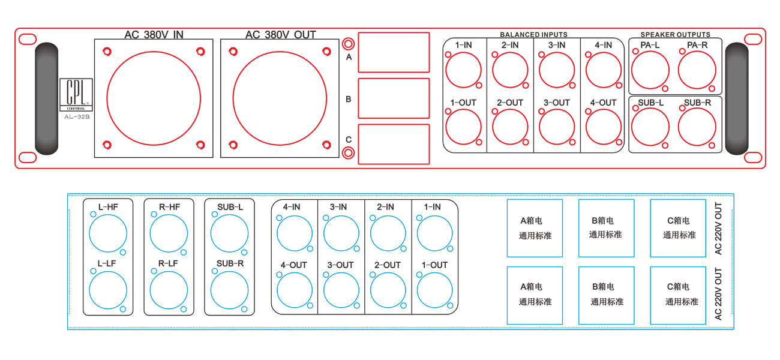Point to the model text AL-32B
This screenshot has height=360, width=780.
point(77,117)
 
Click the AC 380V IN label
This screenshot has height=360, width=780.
point(154,34)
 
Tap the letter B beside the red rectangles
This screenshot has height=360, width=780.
point(348,99)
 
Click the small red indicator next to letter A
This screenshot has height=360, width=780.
point(347,44)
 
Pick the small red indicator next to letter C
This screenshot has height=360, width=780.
point(347,153)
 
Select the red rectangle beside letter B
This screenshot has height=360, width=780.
point(394,98)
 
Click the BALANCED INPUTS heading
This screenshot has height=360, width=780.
point(533,35)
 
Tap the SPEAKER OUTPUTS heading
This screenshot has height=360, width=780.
point(675,35)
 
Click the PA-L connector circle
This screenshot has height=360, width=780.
point(650,70)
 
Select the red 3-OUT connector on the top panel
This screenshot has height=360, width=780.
point(557,127)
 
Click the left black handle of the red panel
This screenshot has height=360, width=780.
point(47,99)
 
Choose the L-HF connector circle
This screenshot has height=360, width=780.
point(107,233)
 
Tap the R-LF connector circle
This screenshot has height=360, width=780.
point(169,290)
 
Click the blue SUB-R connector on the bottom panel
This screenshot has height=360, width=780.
point(229,290)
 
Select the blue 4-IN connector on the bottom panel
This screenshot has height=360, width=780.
point(295,233)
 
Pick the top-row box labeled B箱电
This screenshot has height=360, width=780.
point(606,228)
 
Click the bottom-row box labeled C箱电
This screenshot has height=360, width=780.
point(678,295)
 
